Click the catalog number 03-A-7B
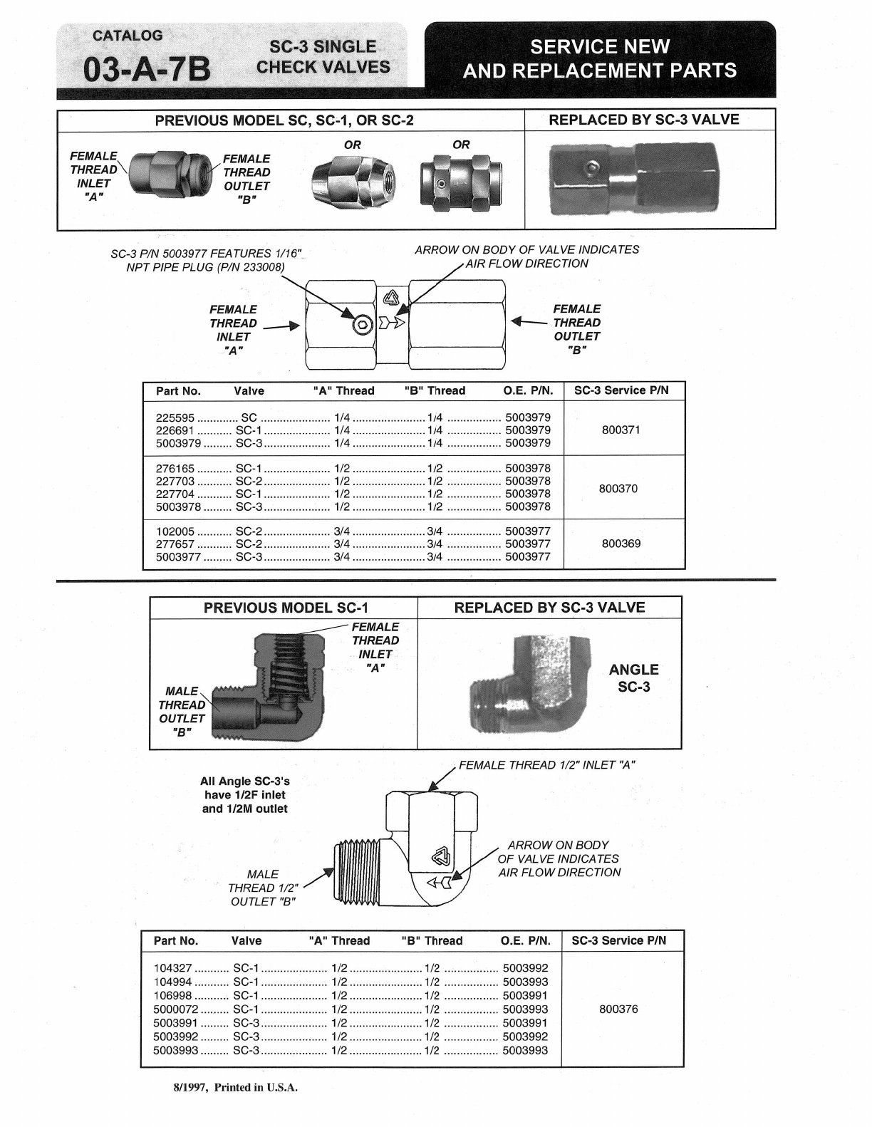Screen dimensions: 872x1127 (x=147, y=70)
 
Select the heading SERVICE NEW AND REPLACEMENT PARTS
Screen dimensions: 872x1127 (x=600, y=58)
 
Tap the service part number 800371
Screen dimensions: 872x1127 (x=621, y=430)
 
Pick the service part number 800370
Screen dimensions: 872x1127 (x=618, y=489)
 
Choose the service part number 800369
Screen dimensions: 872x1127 (x=621, y=544)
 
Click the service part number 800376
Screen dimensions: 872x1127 (x=618, y=1009)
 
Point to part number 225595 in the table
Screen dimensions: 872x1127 (x=175, y=417)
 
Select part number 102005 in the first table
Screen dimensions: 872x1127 (x=175, y=531)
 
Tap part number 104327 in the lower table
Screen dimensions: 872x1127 (x=172, y=967)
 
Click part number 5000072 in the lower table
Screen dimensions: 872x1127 (x=176, y=1009)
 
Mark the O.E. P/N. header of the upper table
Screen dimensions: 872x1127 (x=529, y=390)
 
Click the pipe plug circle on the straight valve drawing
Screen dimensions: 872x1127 (x=363, y=325)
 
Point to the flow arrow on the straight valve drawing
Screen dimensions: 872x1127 (x=391, y=323)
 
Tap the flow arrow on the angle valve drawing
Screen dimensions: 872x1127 (x=439, y=883)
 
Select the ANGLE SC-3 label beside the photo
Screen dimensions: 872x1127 (x=633, y=678)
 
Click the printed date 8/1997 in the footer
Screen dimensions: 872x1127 (x=190, y=1088)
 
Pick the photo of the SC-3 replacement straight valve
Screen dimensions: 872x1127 (x=635, y=178)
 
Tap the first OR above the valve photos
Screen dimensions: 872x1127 (x=353, y=145)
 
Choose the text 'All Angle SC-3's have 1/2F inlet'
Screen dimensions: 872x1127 (x=244, y=788)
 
